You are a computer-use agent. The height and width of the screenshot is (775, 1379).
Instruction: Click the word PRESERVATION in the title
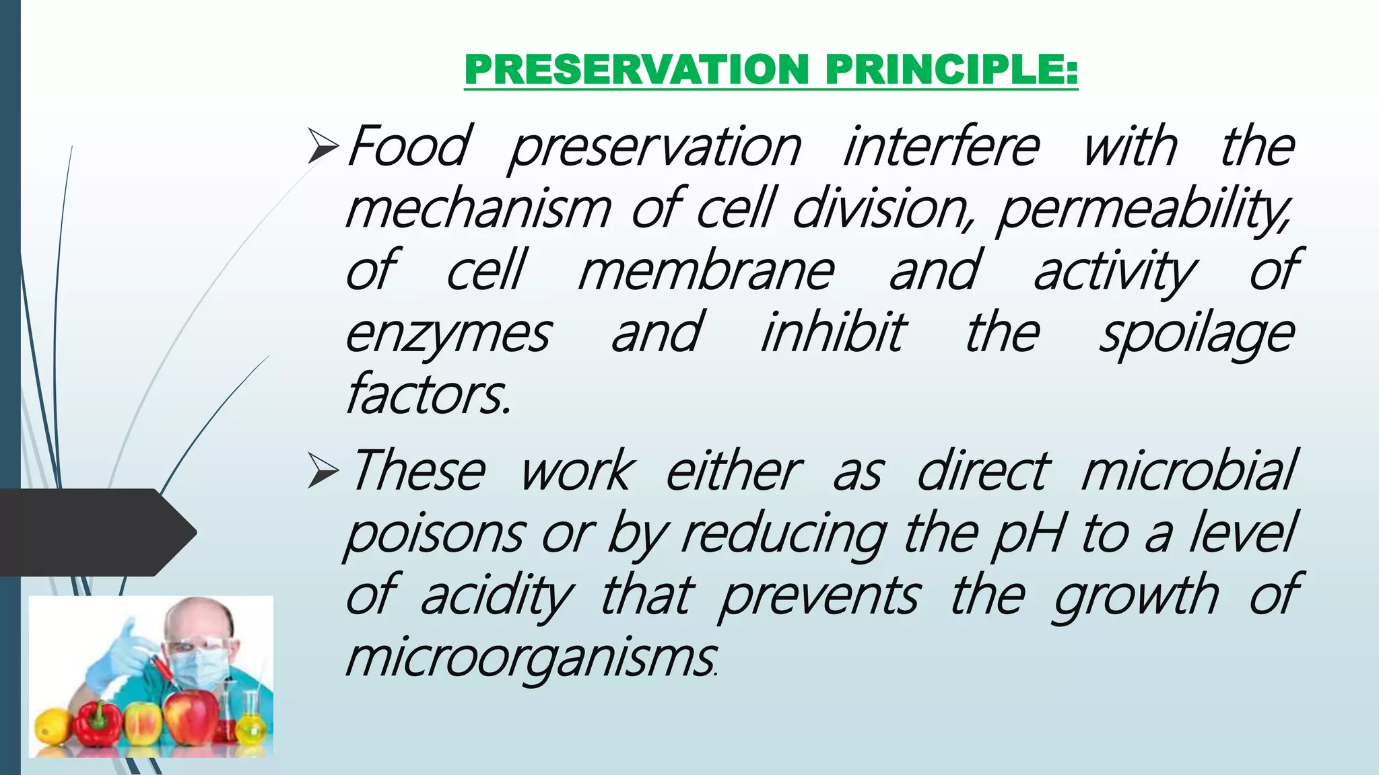coord(637,69)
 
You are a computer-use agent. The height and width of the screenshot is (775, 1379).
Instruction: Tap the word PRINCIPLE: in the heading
coord(951,69)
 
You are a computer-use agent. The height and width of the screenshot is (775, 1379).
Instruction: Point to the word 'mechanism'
coord(478,209)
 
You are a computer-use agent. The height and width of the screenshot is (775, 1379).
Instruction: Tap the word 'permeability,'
coord(1143,209)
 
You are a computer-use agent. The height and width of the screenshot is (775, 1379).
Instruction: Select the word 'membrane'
coord(706,271)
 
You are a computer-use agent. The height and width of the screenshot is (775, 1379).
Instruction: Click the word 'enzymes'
coord(448,334)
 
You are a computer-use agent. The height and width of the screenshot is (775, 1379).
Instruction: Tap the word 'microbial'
coord(1188,471)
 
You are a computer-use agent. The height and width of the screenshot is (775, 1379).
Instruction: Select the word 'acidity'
coord(496,595)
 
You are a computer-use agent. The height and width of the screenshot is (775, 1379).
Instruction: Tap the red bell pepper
coord(98,727)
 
